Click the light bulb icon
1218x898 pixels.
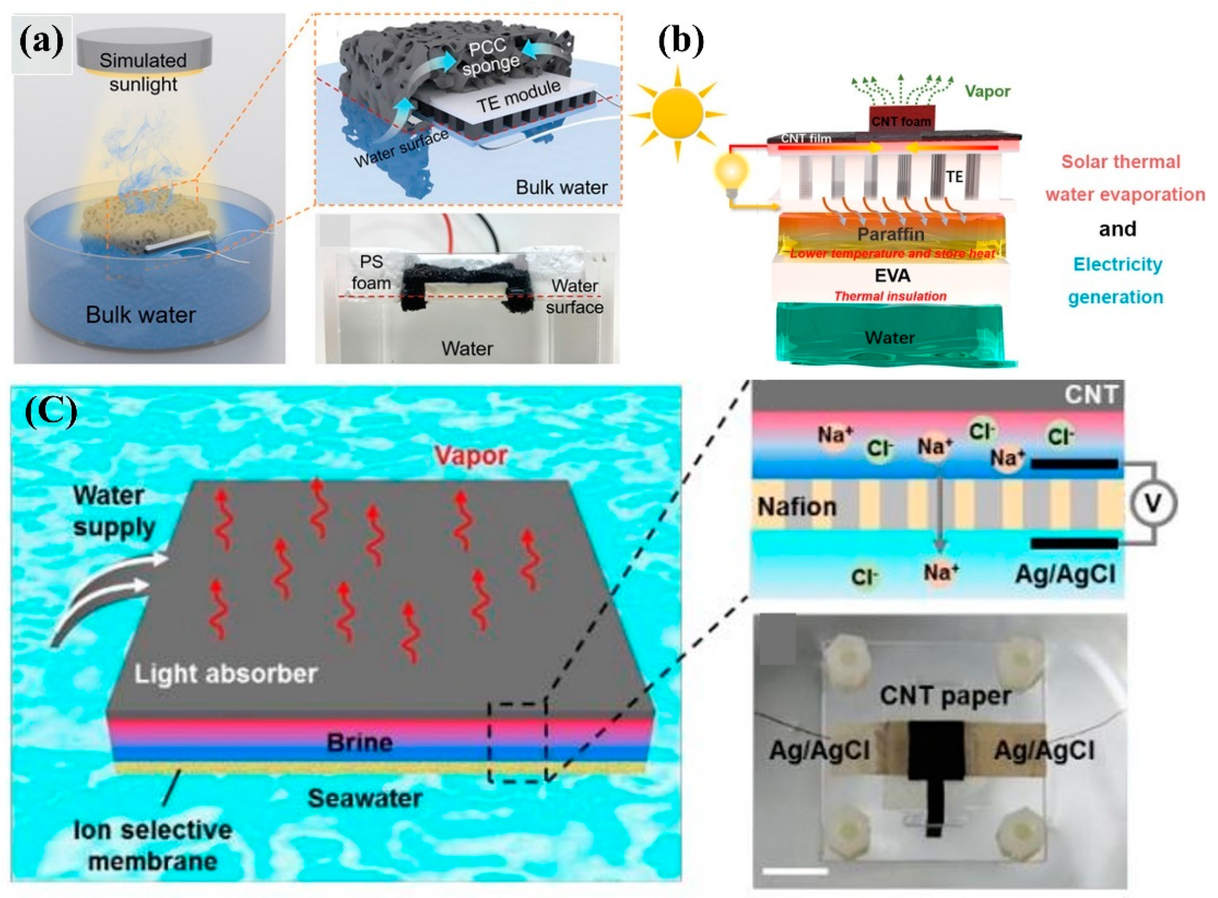click(731, 171)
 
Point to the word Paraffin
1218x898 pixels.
click(890, 234)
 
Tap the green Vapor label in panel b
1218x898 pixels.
click(987, 91)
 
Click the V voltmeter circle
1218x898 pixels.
click(1153, 503)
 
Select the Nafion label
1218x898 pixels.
click(797, 507)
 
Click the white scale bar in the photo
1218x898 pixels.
click(795, 871)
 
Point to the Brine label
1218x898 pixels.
click(359, 743)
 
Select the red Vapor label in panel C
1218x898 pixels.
click(471, 456)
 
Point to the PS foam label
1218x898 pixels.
click(371, 272)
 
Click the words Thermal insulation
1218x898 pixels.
click(890, 296)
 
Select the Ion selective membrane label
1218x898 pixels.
click(153, 845)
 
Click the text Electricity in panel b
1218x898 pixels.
click(1118, 265)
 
